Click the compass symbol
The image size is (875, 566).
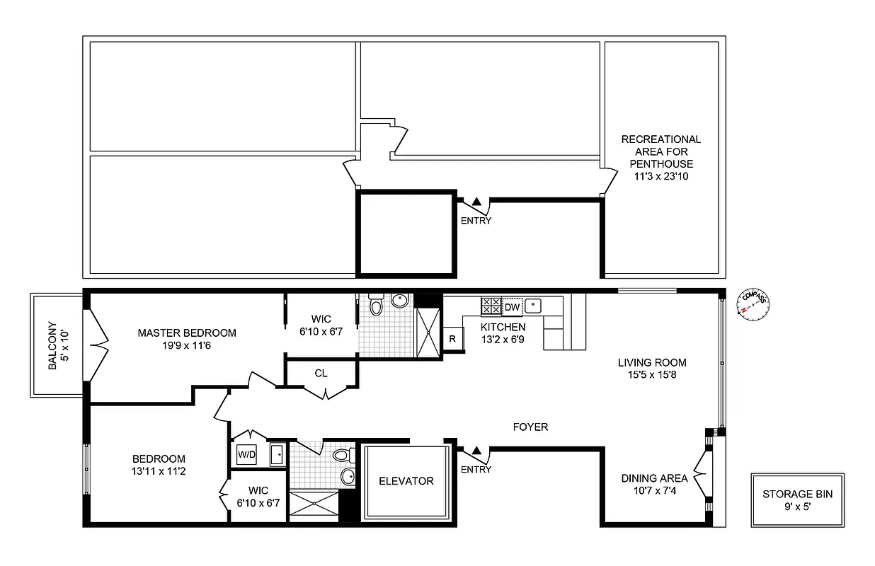[x=753, y=303]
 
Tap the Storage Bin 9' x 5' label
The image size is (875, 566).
[x=797, y=500]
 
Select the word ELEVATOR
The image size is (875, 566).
[x=406, y=481]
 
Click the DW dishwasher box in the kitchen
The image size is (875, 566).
[x=512, y=306]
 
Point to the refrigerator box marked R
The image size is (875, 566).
[x=452, y=338]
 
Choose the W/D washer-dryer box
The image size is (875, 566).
[x=246, y=454]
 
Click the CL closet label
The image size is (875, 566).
[x=321, y=373]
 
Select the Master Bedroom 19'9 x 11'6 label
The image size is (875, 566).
[x=187, y=339]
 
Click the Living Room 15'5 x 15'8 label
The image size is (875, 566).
[x=652, y=369]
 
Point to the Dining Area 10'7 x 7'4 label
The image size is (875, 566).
[x=654, y=485]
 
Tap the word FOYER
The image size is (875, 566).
[x=530, y=427]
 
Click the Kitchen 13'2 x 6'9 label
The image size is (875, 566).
[x=503, y=333]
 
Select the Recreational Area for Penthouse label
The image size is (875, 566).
[x=660, y=158]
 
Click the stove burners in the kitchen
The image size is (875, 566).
[x=491, y=306]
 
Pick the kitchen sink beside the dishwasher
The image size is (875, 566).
[x=534, y=306]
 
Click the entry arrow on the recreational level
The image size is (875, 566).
[x=476, y=202]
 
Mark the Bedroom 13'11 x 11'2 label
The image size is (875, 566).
[x=159, y=465]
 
